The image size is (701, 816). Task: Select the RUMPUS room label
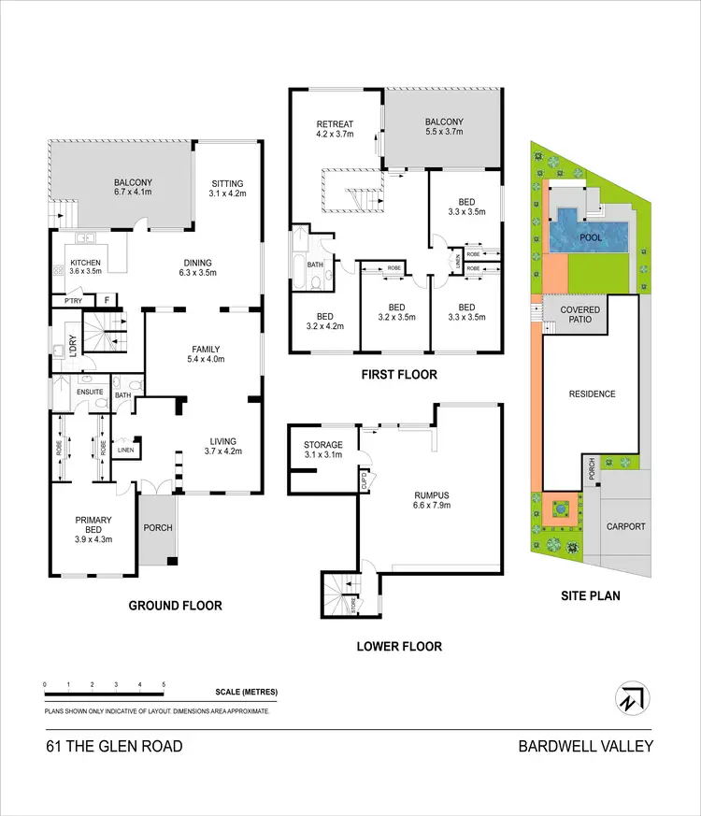[433, 495]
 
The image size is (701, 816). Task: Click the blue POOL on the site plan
[591, 237]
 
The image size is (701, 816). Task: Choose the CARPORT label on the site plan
[625, 526]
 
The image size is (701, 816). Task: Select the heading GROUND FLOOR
[175, 606]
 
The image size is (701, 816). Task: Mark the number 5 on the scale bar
[164, 685]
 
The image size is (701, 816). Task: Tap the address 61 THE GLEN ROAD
[113, 746]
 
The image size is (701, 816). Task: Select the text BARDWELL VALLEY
[586, 746]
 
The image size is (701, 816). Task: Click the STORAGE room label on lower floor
[323, 445]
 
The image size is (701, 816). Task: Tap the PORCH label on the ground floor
[158, 527]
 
